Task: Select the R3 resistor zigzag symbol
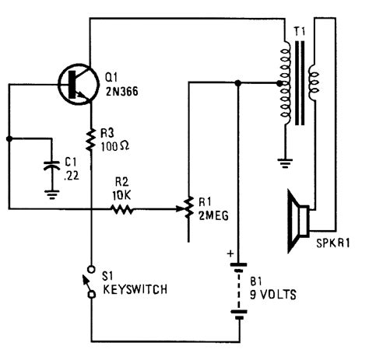tap(91, 138)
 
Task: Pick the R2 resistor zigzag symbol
tap(121, 208)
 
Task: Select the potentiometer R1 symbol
tap(189, 208)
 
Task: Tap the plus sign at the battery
tap(230, 253)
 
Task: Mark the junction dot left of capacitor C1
tap(9, 140)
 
